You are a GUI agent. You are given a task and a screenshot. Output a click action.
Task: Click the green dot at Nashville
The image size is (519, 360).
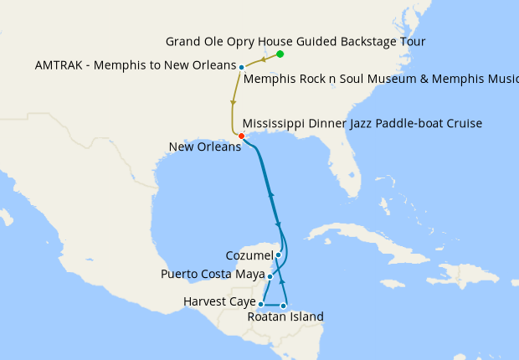pyautogui.click(x=280, y=54)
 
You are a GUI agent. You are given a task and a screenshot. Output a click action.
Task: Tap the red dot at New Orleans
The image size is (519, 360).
pyautogui.click(x=241, y=136)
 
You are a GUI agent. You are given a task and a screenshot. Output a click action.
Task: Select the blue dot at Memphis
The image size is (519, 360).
pyautogui.click(x=241, y=67)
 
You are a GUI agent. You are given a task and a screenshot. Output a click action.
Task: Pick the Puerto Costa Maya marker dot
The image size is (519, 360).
pyautogui.click(x=270, y=275)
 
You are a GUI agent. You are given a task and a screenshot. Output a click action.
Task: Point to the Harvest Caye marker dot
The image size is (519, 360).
pyautogui.click(x=261, y=304)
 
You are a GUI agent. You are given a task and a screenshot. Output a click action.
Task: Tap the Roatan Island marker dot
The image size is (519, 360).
pyautogui.click(x=284, y=306)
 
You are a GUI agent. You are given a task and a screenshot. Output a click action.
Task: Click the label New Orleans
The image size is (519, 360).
pyautogui.click(x=204, y=147)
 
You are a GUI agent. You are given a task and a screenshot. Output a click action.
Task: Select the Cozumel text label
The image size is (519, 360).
pyautogui.click(x=249, y=255)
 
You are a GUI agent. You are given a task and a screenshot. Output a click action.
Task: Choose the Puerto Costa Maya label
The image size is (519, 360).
pyautogui.click(x=213, y=275)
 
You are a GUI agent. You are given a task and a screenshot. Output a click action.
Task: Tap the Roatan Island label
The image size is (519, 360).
pyautogui.click(x=285, y=316)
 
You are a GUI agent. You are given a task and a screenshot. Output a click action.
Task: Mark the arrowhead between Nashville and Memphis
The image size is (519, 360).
pyautogui.click(x=265, y=59)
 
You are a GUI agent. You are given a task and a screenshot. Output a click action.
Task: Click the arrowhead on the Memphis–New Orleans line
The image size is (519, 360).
pyautogui.click(x=232, y=103)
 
